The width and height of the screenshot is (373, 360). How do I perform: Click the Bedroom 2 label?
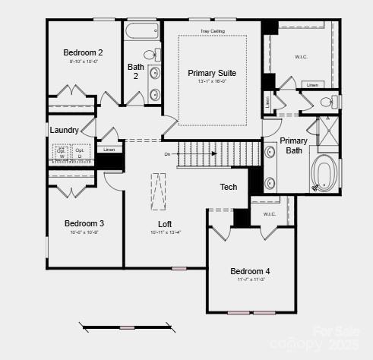pos(84,52)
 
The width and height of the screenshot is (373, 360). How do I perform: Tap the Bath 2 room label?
pos(135,71)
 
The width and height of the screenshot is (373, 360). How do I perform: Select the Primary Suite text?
pos(212,73)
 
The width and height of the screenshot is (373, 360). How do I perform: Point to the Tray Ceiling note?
pos(212,31)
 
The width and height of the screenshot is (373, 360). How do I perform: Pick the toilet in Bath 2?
pos(151,55)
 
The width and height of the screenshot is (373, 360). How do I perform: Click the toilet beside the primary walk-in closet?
pos(328,102)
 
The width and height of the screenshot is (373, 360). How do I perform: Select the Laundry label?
pos(65,130)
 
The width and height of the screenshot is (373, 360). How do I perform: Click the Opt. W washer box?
pos(61,153)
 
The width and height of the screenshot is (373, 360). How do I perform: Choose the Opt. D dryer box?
pos(80,153)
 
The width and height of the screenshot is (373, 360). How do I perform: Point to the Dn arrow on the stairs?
pos(169,153)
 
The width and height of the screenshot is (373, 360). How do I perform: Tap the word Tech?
pos(229,187)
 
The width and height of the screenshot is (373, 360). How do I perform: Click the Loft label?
pos(165,223)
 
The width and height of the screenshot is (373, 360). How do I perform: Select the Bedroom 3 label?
pos(84,223)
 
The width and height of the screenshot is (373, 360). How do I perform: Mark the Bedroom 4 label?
pos(250,271)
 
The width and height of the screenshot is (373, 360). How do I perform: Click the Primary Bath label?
pos(293,145)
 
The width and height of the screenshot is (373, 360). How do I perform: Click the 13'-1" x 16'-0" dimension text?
pos(212,81)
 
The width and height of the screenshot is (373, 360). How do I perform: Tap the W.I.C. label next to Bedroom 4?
pos(270,214)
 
